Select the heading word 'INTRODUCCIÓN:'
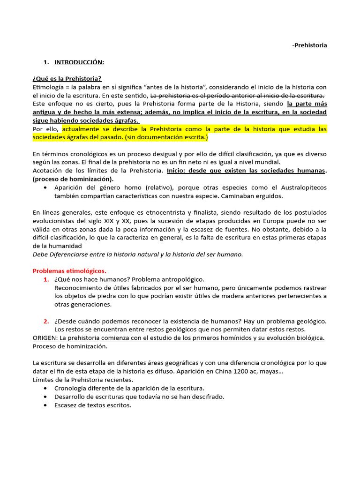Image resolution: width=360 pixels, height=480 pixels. [79, 62]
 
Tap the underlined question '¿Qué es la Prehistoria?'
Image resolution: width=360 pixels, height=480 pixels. [67, 78]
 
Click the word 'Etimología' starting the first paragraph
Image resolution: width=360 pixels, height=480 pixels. [47, 87]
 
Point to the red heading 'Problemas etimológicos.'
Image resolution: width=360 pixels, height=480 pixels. [69, 270]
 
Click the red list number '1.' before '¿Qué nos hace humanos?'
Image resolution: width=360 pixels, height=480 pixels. [46, 279]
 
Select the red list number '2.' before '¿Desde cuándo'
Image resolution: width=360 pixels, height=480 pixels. [46, 321]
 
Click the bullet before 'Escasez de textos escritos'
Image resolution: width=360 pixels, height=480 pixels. [45, 405]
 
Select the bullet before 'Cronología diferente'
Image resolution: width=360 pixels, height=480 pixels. [45, 388]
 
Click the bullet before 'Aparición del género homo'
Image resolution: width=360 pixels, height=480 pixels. [45, 187]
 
